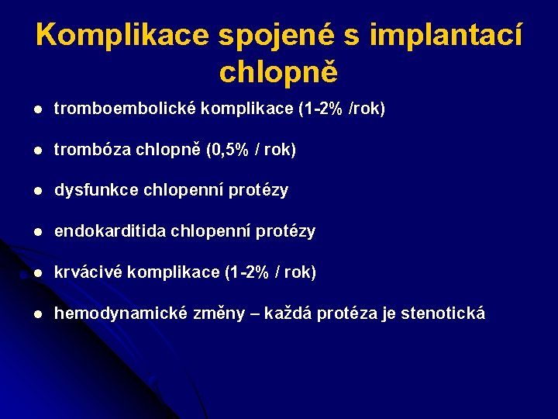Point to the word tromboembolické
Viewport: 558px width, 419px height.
(125, 109)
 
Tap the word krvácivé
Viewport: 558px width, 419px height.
(87, 272)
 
